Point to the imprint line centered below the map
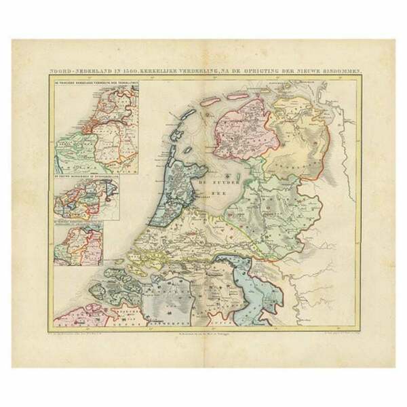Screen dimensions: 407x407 (203, 332)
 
